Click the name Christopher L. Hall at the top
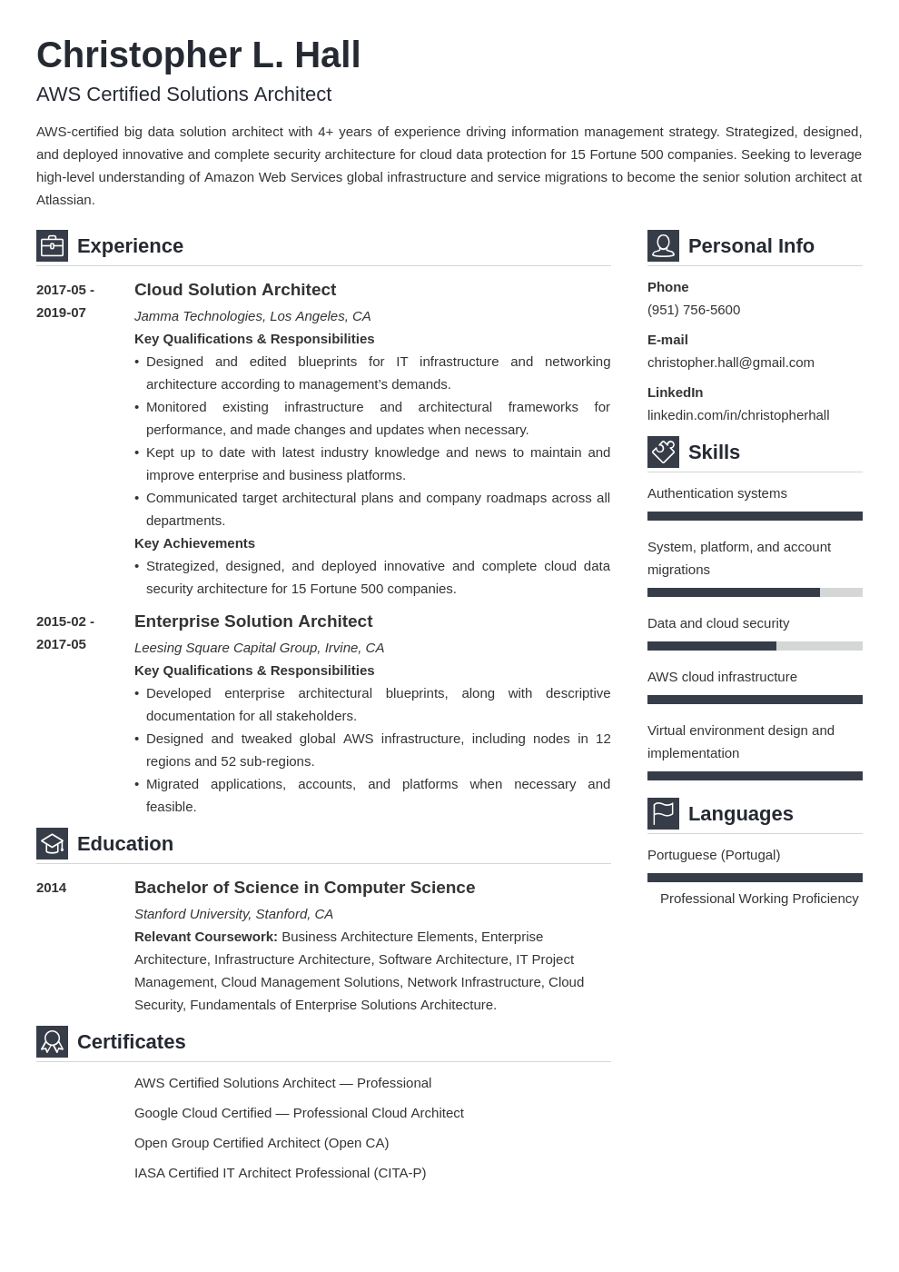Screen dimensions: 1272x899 click(x=198, y=55)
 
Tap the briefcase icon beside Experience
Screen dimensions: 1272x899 click(x=52, y=246)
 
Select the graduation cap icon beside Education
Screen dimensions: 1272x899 click(x=52, y=844)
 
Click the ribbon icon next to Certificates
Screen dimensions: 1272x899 click(x=52, y=1042)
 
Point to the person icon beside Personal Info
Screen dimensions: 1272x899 click(x=663, y=246)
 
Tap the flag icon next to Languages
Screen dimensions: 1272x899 click(x=663, y=814)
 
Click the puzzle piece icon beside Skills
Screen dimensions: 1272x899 click(x=663, y=452)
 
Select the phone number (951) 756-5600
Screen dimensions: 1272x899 click(x=694, y=310)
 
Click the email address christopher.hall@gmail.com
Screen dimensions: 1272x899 click(x=730, y=363)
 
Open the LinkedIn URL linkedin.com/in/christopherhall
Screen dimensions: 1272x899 click(x=738, y=415)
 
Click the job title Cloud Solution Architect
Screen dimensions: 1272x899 click(x=235, y=290)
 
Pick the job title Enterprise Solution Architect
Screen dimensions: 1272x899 click(x=253, y=621)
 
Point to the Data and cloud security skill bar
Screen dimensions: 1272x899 click(x=755, y=646)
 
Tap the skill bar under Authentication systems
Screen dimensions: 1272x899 click(x=755, y=516)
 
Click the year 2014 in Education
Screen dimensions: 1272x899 click(x=51, y=888)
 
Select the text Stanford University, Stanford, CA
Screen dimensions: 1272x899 click(x=233, y=914)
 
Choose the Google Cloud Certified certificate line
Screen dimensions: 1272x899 click(x=299, y=1113)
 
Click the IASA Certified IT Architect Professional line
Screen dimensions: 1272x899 click(x=280, y=1173)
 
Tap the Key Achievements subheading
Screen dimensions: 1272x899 click(x=194, y=543)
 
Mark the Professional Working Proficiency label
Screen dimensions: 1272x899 click(x=759, y=899)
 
